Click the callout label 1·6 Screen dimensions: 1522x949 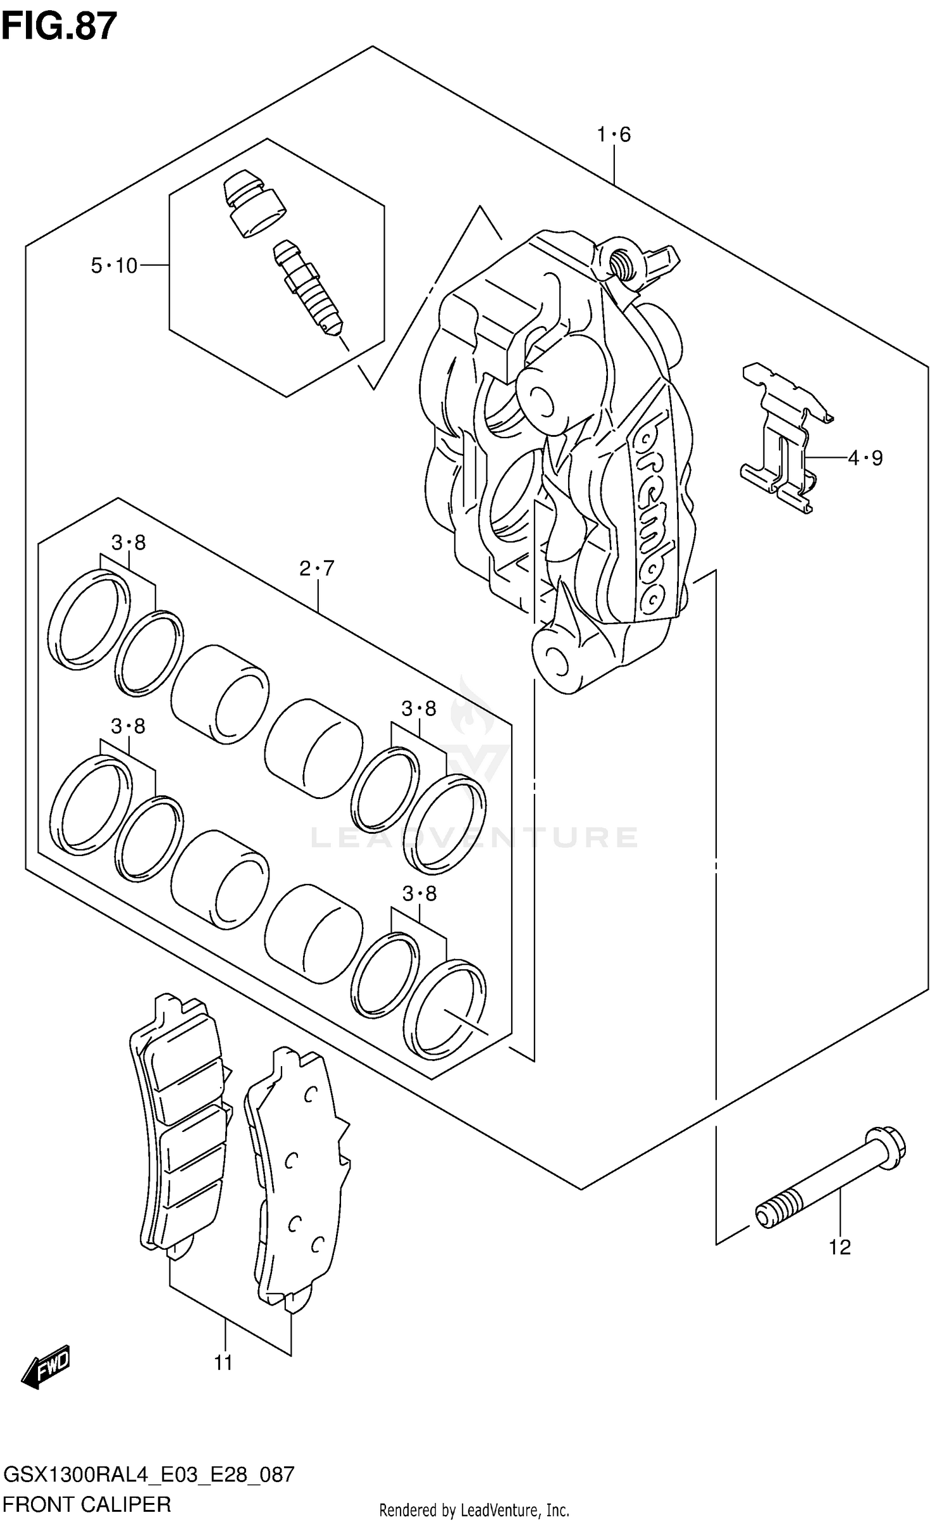614,134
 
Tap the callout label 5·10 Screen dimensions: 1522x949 114,266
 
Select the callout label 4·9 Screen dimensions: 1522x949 865,457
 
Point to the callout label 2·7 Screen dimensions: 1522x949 316,569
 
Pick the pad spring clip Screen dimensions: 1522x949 785,437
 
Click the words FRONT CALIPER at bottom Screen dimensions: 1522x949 87,1504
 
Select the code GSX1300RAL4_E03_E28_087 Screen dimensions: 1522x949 149,1475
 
